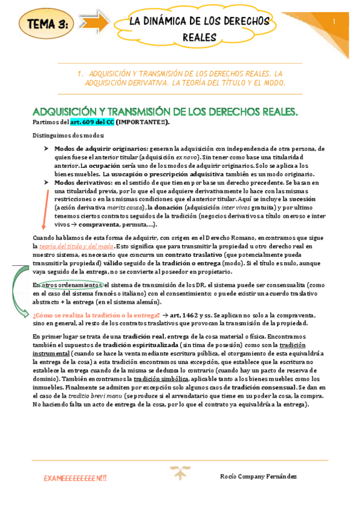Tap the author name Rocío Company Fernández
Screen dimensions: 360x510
pyautogui.click(x=259, y=476)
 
